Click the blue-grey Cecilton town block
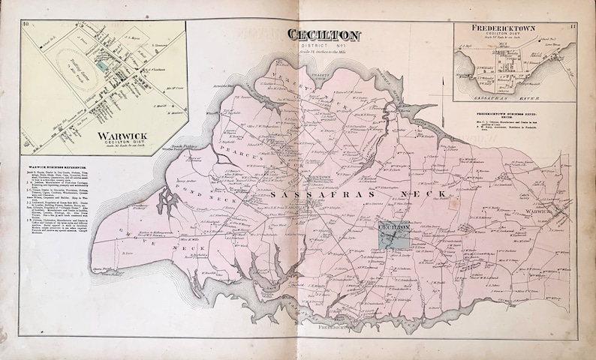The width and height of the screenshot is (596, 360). point(394,236)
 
